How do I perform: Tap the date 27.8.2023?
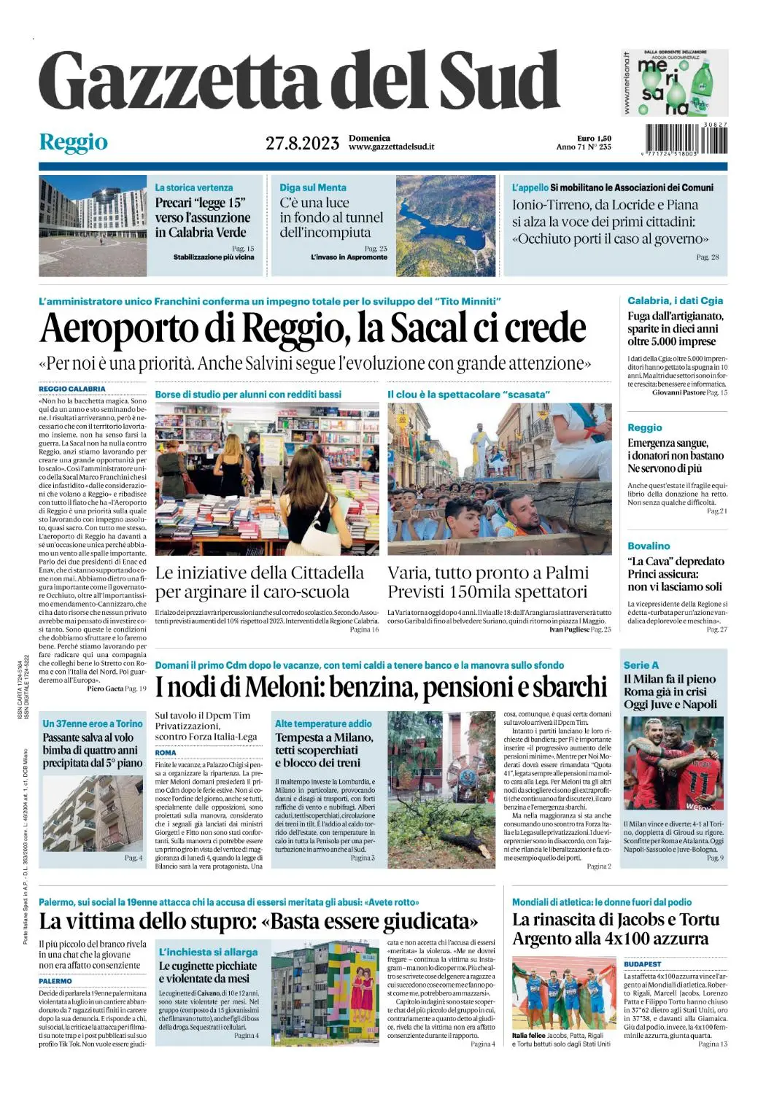point(302,143)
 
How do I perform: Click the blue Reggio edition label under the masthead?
point(73,142)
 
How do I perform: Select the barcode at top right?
point(686,139)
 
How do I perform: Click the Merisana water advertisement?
point(674,82)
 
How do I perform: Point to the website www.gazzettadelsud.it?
point(391,147)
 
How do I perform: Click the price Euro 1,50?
point(594,138)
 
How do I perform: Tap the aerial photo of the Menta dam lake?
point(446,225)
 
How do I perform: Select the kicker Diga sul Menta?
point(313,187)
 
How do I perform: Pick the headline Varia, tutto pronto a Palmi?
point(487,573)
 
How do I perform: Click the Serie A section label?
point(641,665)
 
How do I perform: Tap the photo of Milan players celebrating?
point(673,763)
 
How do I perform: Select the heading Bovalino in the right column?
point(649,546)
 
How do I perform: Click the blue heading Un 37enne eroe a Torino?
point(93,723)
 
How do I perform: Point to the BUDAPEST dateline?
point(642,964)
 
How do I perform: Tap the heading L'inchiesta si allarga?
point(208,952)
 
